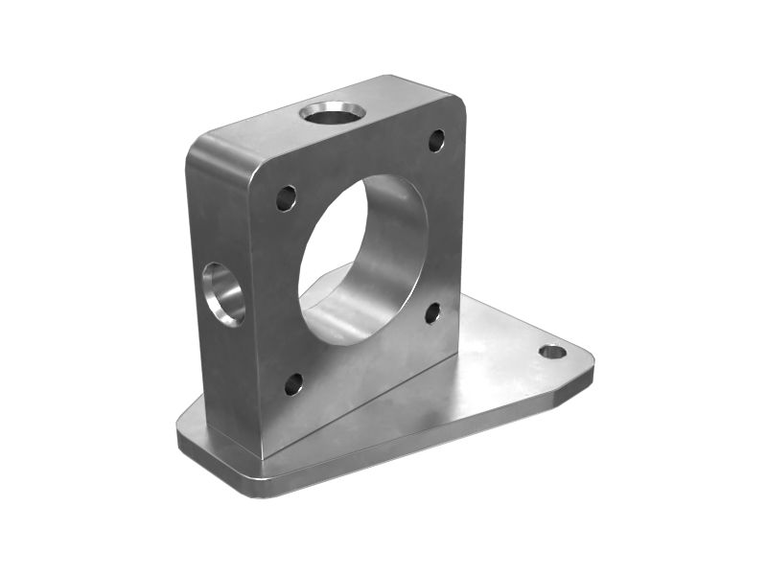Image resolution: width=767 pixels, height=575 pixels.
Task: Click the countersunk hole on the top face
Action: tap(332, 114)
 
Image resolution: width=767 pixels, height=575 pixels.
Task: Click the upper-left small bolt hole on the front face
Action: tap(286, 198)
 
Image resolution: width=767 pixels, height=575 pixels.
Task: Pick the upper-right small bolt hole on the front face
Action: tap(436, 141)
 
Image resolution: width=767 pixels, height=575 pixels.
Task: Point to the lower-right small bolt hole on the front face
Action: tap(432, 313)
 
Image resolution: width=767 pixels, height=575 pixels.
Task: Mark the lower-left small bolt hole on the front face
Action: tap(293, 384)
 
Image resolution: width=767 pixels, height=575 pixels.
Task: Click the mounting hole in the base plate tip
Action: tap(552, 352)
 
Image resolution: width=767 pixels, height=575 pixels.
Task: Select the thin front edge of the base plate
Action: tap(403, 450)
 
